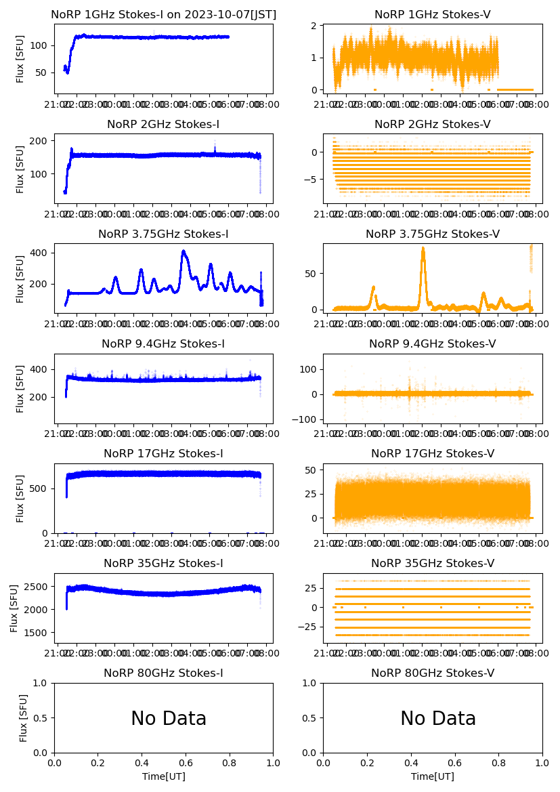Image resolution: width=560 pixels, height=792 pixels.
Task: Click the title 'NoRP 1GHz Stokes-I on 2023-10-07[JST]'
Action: tap(163, 14)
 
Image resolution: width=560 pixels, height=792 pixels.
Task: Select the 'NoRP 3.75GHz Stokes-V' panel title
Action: tap(432, 234)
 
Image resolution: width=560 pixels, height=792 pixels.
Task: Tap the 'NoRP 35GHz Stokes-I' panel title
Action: tap(163, 563)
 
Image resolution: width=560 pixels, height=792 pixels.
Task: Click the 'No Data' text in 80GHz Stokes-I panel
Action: tap(169, 718)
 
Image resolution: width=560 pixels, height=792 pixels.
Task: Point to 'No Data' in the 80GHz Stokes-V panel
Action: tap(437, 718)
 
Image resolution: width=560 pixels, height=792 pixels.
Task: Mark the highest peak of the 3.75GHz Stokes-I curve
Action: tap(183, 251)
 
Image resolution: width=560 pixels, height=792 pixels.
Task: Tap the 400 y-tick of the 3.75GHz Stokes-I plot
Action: tap(40, 253)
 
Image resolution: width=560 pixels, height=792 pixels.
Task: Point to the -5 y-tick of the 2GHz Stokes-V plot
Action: tap(310, 180)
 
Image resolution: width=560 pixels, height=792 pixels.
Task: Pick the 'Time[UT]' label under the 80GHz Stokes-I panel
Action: tap(163, 776)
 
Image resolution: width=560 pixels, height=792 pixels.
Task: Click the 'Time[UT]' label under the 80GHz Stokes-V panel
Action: tap(432, 776)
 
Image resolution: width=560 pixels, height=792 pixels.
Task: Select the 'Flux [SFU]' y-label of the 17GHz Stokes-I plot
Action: tap(20, 499)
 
